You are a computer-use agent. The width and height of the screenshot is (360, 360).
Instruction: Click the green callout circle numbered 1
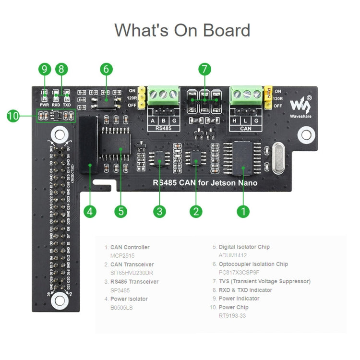(x=243, y=211)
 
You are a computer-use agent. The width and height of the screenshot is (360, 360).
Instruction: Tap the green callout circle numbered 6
(x=107, y=69)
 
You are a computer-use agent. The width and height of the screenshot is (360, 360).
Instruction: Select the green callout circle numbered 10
(x=13, y=116)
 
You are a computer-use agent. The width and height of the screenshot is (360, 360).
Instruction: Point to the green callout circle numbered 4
(x=90, y=211)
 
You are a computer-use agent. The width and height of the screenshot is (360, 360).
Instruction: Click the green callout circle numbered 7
(x=204, y=69)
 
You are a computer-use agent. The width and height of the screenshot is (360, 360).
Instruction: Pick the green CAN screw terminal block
(x=246, y=95)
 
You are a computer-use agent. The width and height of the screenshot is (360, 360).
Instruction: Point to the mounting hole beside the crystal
(x=305, y=135)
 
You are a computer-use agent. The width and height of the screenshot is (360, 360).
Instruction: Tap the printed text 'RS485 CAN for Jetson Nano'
(x=205, y=183)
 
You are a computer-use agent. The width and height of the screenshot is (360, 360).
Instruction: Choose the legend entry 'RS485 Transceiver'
(x=134, y=282)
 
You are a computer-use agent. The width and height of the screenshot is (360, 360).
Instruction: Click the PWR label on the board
(x=44, y=105)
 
